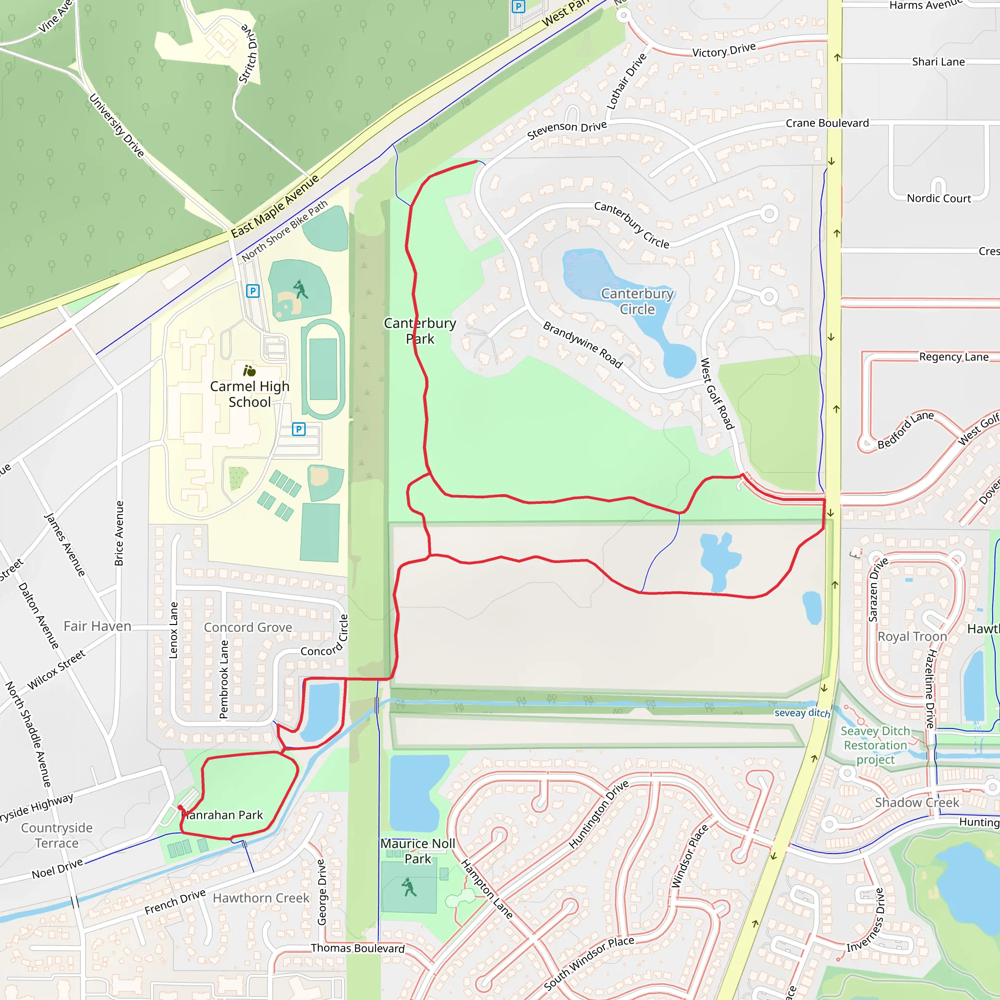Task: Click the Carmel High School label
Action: pos(250,394)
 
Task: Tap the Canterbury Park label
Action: pos(420,331)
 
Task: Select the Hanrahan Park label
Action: pos(224,815)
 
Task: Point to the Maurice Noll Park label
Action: pos(417,851)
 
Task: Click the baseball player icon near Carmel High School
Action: pos(300,290)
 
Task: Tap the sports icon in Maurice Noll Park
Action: pos(409,887)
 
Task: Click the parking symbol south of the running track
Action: pos(299,429)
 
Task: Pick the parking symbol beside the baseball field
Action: pos(252,291)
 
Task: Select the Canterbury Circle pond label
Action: pos(637,301)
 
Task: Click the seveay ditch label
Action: pos(802,713)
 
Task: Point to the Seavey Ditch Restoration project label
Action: pos(875,745)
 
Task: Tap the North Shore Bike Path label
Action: pos(285,230)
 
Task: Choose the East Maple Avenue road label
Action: pos(275,207)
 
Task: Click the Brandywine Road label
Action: pos(583,344)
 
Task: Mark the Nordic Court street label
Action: pos(938,199)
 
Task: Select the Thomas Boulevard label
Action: pos(357,948)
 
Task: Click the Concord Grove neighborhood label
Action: pos(248,627)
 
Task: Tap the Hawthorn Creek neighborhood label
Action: pos(261,898)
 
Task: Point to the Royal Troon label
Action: pos(912,637)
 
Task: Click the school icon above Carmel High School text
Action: pos(250,371)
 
